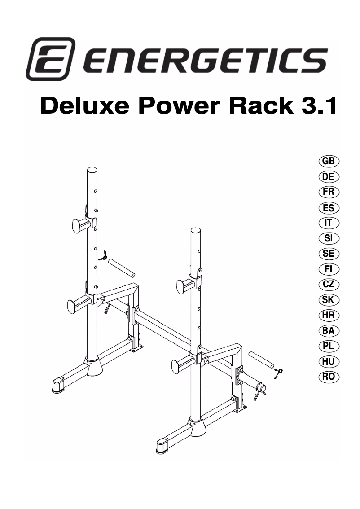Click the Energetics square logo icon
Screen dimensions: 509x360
click(x=50, y=59)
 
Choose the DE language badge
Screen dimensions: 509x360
click(x=329, y=177)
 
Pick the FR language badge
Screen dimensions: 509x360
click(x=329, y=192)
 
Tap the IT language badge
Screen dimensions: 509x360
click(x=329, y=223)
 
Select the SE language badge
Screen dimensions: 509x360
click(x=329, y=254)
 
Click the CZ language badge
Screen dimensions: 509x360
click(x=329, y=285)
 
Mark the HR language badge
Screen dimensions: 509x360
click(x=329, y=315)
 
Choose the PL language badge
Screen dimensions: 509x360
click(x=329, y=346)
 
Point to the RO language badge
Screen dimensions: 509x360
click(x=329, y=377)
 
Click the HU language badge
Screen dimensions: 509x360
click(x=329, y=361)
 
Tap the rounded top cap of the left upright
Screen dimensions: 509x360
click(x=92, y=171)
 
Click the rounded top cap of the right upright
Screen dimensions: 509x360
click(x=196, y=231)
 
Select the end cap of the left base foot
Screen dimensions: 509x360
click(x=58, y=385)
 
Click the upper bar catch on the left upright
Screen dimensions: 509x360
click(x=81, y=224)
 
